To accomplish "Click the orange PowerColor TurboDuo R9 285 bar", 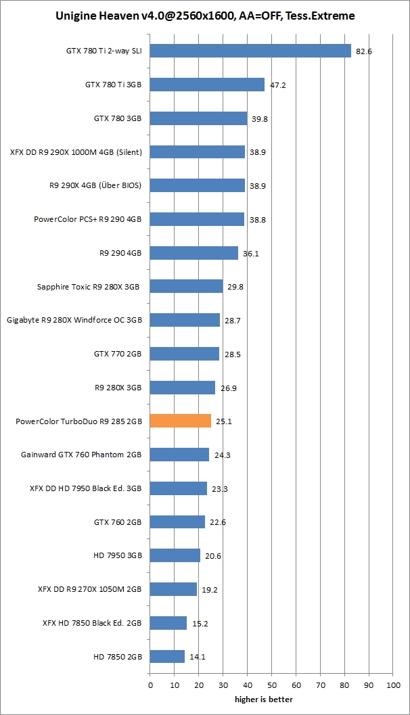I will pyautogui.click(x=181, y=421).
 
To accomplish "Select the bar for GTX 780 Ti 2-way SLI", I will pyautogui.click(x=250, y=51).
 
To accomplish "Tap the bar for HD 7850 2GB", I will pyautogui.click(x=167, y=656).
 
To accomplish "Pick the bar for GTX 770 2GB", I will pyautogui.click(x=185, y=354).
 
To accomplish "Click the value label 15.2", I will pyautogui.click(x=200, y=624).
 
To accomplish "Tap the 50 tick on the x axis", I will pyautogui.click(x=271, y=685).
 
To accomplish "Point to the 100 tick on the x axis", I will pyautogui.click(x=393, y=685).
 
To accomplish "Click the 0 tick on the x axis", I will pyautogui.click(x=150, y=685).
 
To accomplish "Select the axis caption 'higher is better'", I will pyautogui.click(x=264, y=699).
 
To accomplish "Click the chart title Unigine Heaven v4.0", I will pyautogui.click(x=204, y=16).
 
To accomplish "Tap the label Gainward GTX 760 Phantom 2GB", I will pyautogui.click(x=82, y=455).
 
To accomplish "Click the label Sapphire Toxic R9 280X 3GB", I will pyautogui.click(x=88, y=287).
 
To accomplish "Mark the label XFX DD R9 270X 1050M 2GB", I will pyautogui.click(x=90, y=589).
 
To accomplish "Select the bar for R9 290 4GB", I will pyautogui.click(x=194, y=253).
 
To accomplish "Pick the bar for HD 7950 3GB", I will pyautogui.click(x=175, y=555).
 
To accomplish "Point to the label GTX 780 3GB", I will pyautogui.click(x=118, y=118).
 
